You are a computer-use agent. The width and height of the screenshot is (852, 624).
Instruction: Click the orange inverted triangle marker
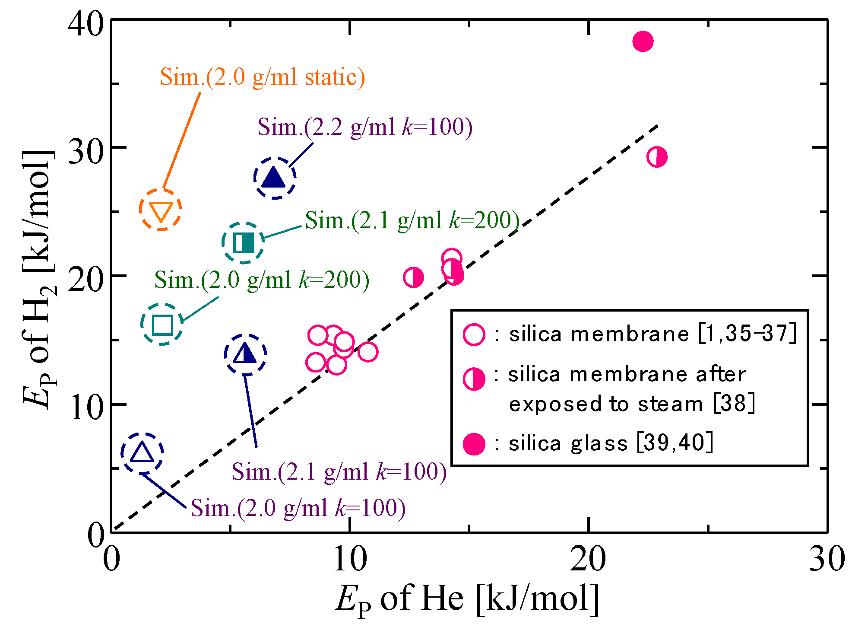click(161, 210)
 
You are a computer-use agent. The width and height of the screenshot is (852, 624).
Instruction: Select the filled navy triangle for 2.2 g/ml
click(274, 178)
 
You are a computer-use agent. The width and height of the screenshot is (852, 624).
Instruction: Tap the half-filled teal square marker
click(244, 243)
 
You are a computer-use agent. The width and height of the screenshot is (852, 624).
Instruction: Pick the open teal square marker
click(162, 325)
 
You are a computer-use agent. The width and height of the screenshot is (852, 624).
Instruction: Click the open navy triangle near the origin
click(142, 452)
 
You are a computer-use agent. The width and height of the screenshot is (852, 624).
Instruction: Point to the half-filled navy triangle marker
click(245, 354)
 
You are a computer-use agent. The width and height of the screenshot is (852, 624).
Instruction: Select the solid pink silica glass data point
click(643, 41)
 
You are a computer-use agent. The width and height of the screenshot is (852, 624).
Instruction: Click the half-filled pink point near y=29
click(657, 157)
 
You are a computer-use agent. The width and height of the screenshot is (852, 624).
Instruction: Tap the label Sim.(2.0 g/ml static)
click(262, 77)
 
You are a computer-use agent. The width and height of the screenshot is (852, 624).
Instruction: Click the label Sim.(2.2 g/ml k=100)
click(365, 127)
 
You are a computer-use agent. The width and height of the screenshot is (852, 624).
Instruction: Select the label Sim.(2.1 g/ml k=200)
click(412, 220)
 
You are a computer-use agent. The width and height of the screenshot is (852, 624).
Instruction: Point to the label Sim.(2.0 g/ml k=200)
click(262, 280)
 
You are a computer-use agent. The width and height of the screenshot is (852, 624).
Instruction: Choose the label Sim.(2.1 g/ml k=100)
click(339, 471)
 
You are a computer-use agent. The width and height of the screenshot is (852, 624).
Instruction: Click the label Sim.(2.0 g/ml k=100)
click(298, 508)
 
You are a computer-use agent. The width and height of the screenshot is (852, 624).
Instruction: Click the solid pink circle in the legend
click(474, 444)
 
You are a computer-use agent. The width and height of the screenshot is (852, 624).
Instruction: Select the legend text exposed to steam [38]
click(631, 404)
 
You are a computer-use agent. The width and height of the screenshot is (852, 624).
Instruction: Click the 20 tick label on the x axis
click(588, 560)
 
